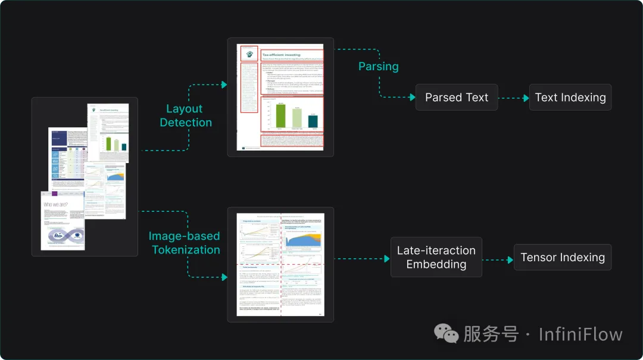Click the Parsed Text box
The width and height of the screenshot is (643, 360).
click(x=457, y=98)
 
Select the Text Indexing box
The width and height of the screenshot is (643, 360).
click(x=570, y=98)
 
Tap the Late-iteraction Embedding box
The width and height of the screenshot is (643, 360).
click(x=436, y=258)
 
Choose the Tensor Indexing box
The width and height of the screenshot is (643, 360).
click(x=563, y=258)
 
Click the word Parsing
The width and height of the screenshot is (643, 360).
click(x=378, y=66)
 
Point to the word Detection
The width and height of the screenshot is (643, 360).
click(x=186, y=123)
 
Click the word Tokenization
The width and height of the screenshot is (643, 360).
click(x=186, y=250)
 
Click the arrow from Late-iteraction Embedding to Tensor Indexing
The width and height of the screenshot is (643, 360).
click(x=497, y=259)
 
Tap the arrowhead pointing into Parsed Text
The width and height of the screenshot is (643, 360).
click(x=412, y=98)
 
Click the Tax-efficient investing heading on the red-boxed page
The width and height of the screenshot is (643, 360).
click(x=282, y=54)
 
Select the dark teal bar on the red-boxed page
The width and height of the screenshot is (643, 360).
click(x=313, y=121)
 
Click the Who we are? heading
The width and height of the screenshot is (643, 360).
click(x=55, y=205)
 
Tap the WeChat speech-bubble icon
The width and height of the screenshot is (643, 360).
click(x=446, y=333)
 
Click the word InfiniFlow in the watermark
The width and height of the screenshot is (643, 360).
click(x=580, y=334)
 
